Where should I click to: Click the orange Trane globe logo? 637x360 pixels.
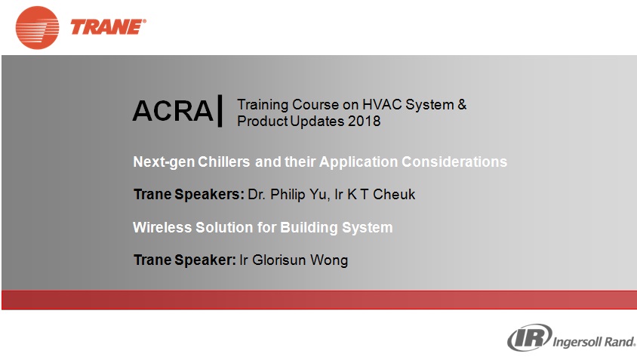[x=38, y=28]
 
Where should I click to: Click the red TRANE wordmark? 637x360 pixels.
[x=108, y=27]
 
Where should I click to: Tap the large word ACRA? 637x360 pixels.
[x=173, y=110]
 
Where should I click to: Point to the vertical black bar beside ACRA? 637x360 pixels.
[x=220, y=111]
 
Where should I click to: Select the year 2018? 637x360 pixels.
[x=364, y=121]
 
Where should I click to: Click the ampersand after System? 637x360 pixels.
[x=462, y=104]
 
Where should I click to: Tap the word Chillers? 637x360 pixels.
[x=223, y=162]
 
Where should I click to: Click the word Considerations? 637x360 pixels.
[x=454, y=162]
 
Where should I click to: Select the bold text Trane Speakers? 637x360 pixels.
[x=189, y=195]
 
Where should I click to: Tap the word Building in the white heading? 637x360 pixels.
[x=309, y=227]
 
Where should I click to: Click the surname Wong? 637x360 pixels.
[x=329, y=260]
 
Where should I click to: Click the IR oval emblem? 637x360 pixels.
[x=529, y=337]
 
